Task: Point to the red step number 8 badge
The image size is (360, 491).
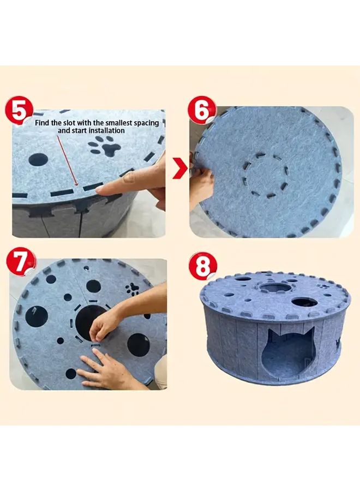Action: pos(202,266)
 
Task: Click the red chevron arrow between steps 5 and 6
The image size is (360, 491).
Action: pos(179,170)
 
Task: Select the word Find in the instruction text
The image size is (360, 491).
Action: pos(43,123)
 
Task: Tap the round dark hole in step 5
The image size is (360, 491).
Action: pos(38,160)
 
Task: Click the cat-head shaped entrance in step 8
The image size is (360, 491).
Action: pos(287,352)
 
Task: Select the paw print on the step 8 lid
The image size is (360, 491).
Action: pos(324,284)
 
